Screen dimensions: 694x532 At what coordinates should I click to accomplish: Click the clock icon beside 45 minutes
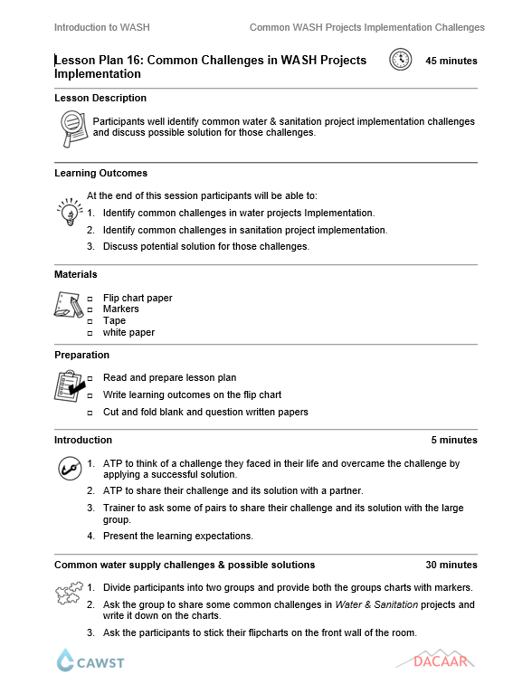coord(399,61)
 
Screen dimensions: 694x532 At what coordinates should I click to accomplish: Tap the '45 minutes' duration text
coord(451,62)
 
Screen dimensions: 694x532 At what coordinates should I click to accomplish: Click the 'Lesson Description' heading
coord(100,98)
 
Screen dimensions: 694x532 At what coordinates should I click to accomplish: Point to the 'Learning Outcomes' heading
coord(100,173)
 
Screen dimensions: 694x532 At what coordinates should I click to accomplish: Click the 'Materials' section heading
coord(76,274)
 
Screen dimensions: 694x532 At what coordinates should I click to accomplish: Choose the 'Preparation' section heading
coord(81,355)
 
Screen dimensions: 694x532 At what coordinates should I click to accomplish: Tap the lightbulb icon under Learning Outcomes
coord(69,212)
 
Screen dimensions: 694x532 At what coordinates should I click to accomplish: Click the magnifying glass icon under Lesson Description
coord(71,128)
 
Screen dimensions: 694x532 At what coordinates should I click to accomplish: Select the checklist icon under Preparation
coord(70,387)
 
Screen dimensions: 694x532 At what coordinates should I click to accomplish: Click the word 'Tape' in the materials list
coord(114,320)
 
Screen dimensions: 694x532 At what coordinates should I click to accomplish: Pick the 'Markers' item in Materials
coord(120,309)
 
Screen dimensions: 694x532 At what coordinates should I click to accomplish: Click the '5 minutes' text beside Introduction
coord(453,440)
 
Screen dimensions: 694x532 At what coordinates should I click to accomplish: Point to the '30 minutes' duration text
coord(451,565)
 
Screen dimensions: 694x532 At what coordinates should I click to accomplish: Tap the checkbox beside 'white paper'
coord(90,333)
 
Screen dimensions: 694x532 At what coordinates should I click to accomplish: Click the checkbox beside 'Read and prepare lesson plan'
coord(90,378)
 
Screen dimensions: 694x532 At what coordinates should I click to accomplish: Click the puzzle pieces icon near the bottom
coord(69,594)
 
